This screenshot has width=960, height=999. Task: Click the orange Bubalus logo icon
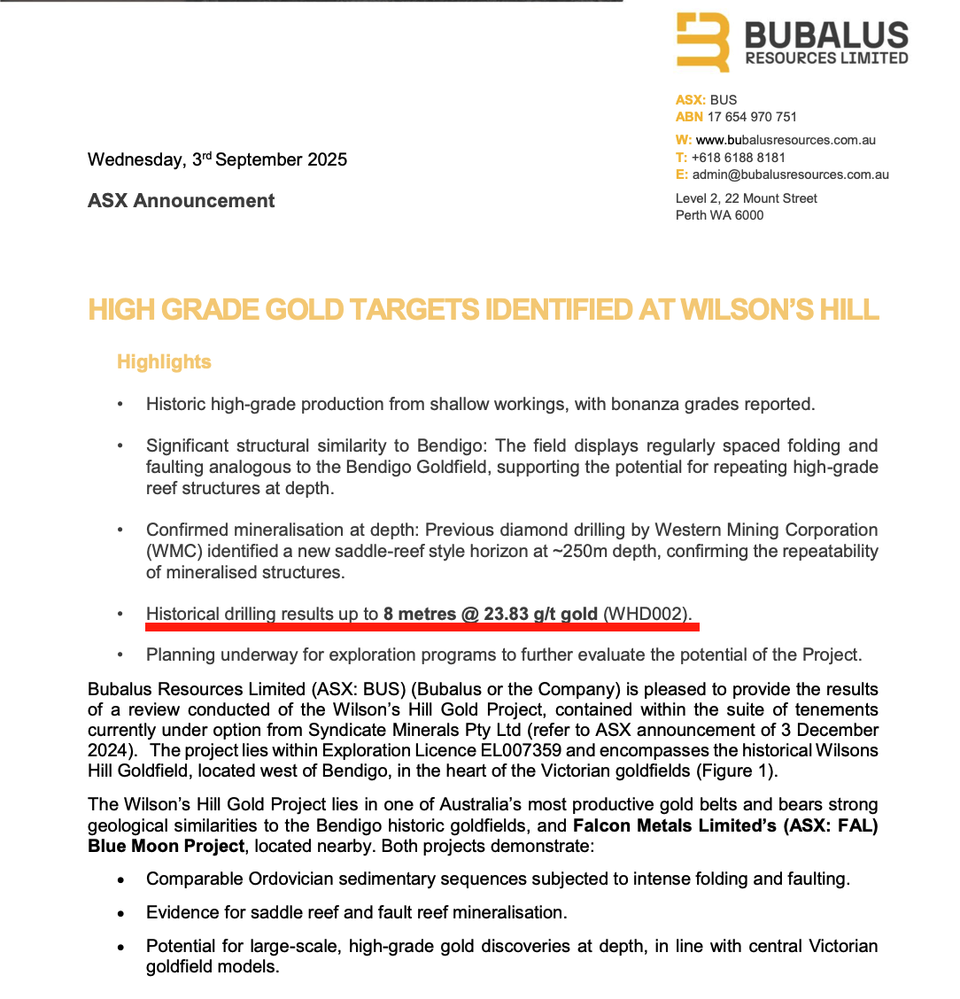tap(703, 42)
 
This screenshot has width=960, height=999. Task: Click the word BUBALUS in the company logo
tap(826, 35)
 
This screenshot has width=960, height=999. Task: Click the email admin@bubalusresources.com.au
tap(790, 174)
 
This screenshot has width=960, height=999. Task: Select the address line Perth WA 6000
tap(719, 215)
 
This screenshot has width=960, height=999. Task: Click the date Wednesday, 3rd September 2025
tap(217, 160)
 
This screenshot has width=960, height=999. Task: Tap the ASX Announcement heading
tap(182, 201)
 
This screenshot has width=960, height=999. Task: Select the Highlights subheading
tap(164, 362)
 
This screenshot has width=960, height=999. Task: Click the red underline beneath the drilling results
tap(422, 625)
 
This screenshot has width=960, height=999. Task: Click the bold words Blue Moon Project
tap(166, 846)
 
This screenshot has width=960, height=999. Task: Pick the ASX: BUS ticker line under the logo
tap(706, 100)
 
